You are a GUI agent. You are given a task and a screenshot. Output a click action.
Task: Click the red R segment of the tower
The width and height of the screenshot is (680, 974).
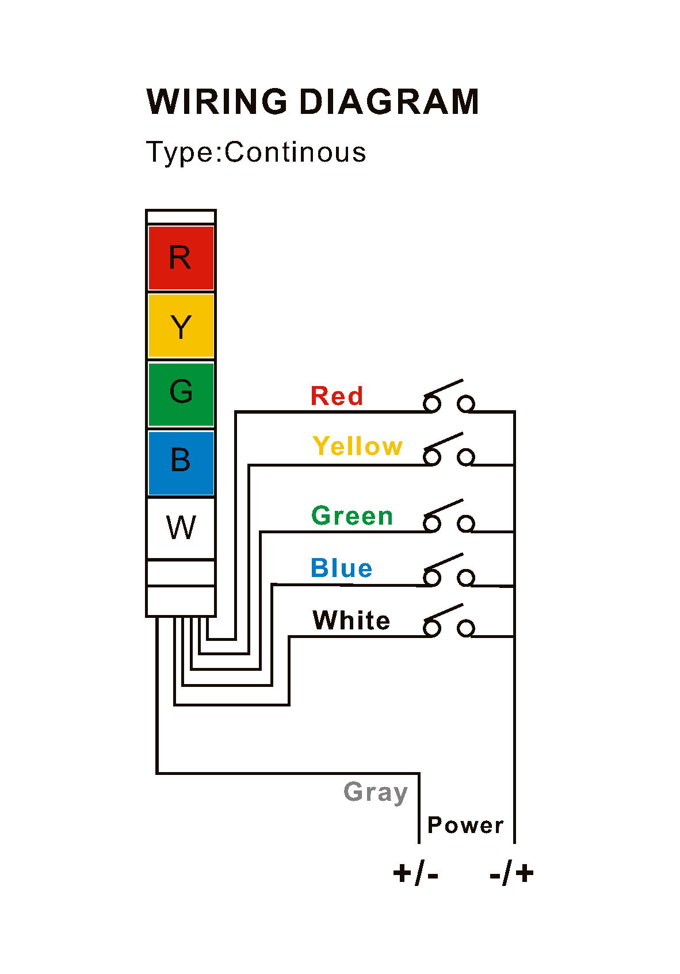pos(181,258)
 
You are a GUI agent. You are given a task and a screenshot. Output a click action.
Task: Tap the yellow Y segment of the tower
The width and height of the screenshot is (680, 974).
pos(181,326)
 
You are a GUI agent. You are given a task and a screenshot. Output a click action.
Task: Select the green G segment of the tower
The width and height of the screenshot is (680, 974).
pos(181,394)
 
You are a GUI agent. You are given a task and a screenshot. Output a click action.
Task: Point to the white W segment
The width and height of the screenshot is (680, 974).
pos(181,528)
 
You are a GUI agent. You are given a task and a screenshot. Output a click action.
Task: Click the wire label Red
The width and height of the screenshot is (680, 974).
pos(337,396)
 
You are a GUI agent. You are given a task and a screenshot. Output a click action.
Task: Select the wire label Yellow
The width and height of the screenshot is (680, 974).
pos(357,446)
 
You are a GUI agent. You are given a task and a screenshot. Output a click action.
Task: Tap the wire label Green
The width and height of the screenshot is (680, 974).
pos(352,516)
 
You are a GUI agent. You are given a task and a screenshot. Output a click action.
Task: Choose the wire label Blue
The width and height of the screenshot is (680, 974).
pos(341,568)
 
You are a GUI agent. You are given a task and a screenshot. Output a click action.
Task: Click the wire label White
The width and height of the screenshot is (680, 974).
pos(351,621)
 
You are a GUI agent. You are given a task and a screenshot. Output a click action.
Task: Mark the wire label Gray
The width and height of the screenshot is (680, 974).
pos(376,793)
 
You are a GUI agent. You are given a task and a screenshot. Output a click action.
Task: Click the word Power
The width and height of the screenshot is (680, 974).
pos(465,826)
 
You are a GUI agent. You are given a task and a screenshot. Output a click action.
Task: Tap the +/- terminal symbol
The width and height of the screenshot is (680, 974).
pos(415,873)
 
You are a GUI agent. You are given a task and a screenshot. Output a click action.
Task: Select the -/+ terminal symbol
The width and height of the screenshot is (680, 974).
pos(511,873)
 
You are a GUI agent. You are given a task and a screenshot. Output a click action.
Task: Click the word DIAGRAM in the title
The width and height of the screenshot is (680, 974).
pos(388,102)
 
